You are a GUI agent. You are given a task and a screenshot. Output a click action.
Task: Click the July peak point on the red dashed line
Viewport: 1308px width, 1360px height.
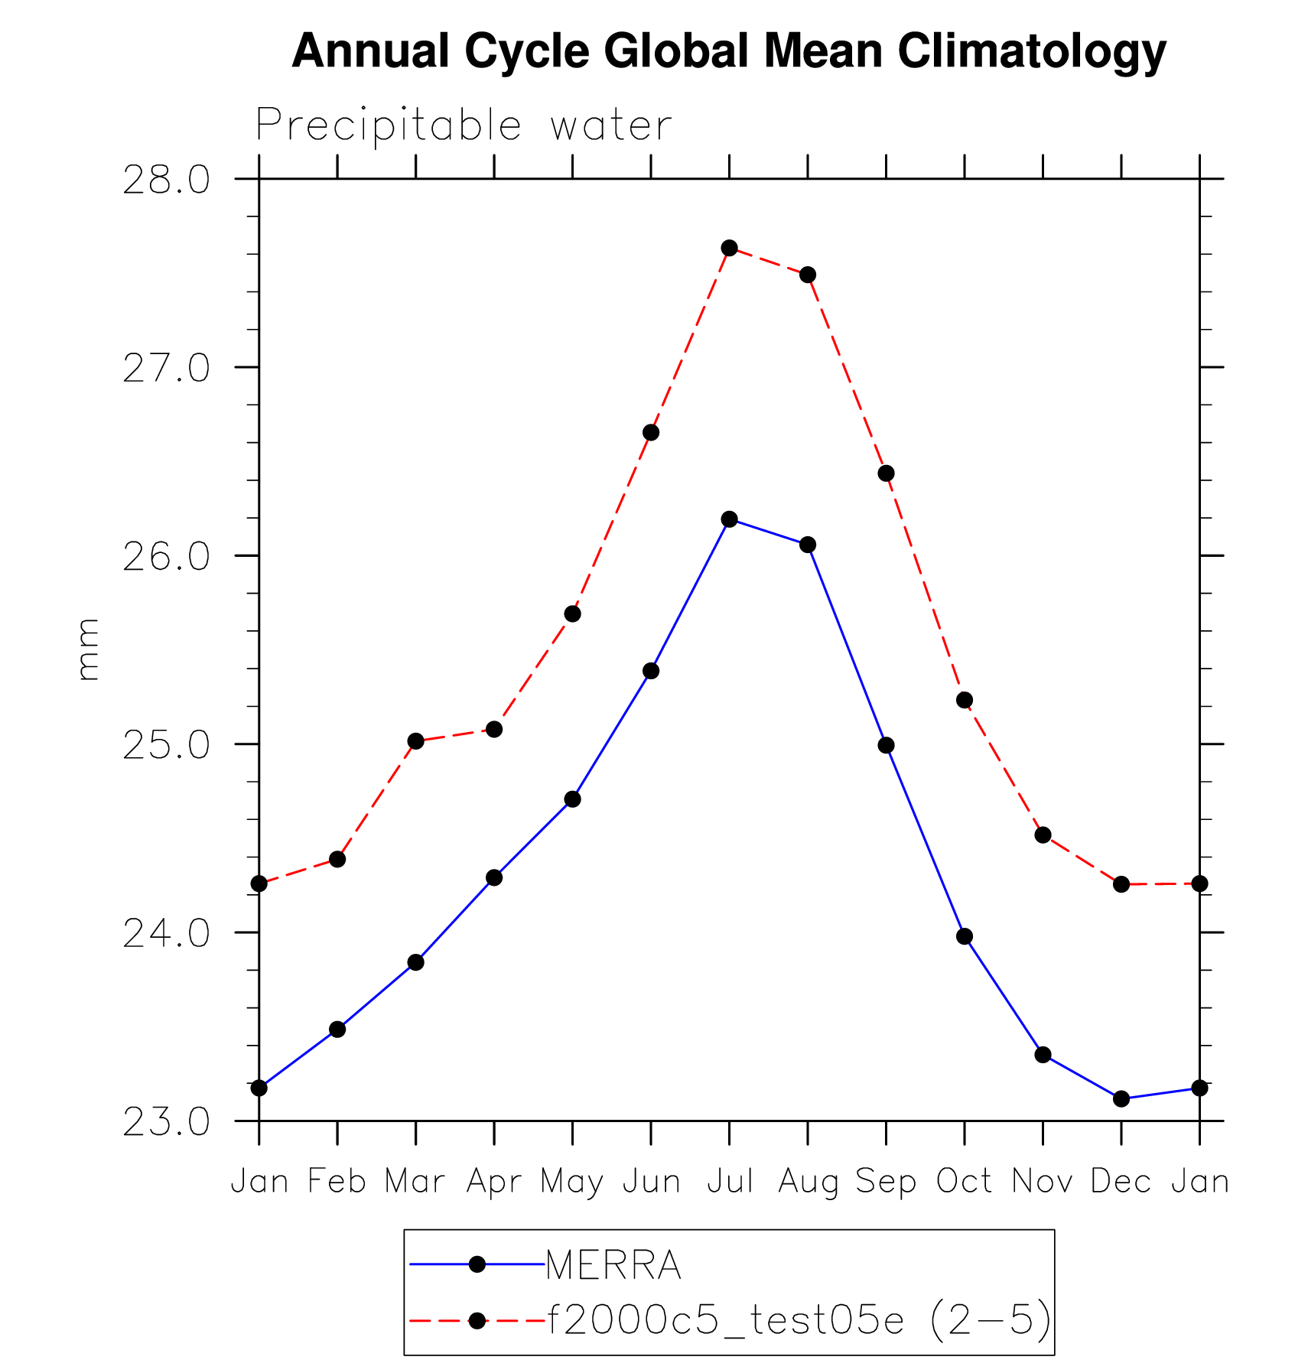(729, 248)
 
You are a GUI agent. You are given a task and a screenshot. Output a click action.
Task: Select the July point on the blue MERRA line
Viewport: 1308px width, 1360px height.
(729, 519)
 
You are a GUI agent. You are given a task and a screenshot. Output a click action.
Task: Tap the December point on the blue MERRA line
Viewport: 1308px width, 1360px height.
(1121, 1098)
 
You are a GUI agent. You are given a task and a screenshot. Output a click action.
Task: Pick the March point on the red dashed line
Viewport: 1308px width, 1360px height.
(415, 741)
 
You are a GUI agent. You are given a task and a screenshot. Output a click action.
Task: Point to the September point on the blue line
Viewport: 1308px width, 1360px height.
(886, 745)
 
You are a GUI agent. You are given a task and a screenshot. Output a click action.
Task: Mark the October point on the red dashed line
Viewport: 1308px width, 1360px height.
(965, 700)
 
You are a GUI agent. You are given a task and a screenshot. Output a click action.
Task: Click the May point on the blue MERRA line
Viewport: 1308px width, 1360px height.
(572, 799)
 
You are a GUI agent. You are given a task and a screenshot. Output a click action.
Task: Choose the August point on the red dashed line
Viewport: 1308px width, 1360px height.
(808, 275)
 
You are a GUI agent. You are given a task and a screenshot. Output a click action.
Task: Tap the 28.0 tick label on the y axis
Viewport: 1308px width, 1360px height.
(166, 181)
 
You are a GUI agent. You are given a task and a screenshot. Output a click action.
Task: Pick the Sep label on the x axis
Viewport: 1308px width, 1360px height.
(886, 1183)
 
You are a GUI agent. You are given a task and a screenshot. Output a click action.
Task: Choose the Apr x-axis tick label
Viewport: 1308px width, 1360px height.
(494, 1183)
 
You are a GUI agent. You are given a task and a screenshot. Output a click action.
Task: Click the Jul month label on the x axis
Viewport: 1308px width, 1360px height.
(729, 1181)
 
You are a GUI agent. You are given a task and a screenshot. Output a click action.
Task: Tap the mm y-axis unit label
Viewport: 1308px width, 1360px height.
(89, 650)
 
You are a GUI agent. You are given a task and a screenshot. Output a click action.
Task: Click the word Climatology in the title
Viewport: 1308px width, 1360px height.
(1031, 51)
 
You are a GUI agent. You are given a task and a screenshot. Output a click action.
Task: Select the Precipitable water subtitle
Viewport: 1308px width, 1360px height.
(464, 125)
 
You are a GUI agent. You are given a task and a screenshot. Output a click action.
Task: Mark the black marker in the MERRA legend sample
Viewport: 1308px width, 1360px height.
(477, 1264)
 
